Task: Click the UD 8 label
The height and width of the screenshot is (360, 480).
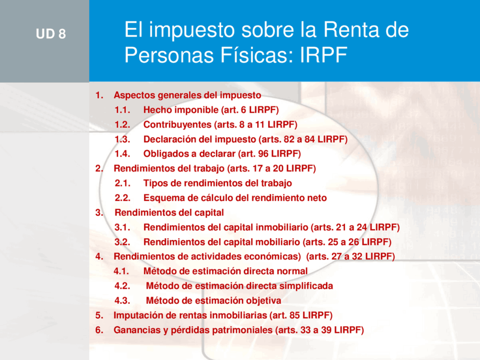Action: pos(51,34)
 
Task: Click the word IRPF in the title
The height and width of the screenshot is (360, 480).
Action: pos(323,55)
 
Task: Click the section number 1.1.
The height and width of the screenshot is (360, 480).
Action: pos(122,110)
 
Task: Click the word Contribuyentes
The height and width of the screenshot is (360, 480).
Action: pos(177,125)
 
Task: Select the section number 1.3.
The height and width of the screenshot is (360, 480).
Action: pos(122,139)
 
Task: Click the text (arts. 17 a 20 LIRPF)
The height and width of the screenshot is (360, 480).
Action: pos(271,168)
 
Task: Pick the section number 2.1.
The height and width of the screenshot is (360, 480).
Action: pos(122,183)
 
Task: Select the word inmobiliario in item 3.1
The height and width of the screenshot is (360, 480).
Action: pos(282,227)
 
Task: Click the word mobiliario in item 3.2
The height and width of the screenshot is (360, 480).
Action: pos(277,242)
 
